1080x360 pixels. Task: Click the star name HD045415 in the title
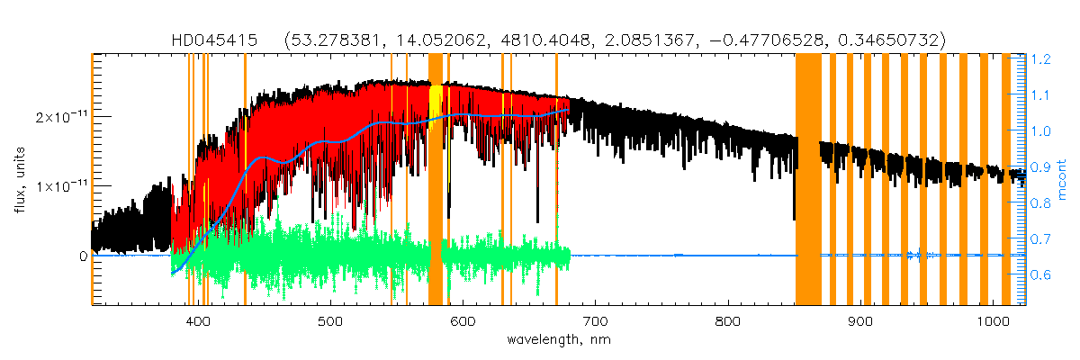pos(215,40)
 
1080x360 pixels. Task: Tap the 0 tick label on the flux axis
pos(82,256)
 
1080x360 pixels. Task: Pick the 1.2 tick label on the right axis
pos(1040,59)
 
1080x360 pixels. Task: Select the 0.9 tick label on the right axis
pos(1040,167)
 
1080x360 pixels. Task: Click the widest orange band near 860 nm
pos(807,180)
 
